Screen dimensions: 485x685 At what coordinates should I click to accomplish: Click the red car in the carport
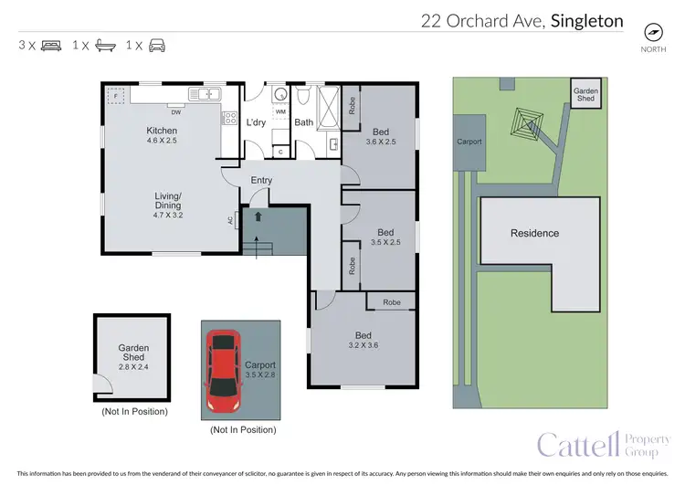click(222, 370)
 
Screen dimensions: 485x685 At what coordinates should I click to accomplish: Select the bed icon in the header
click(51, 45)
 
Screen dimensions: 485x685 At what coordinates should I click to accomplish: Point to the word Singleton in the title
click(587, 20)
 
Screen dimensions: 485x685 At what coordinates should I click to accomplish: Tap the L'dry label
click(255, 122)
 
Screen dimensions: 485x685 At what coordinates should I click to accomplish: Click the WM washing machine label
click(280, 111)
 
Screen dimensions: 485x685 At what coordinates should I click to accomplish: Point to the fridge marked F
click(116, 95)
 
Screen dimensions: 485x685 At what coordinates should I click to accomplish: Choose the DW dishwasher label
click(174, 113)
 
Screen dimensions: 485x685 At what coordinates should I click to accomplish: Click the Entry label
click(262, 180)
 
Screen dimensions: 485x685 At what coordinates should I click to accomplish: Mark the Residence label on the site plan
click(534, 233)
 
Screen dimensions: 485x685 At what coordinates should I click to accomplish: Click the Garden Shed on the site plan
click(585, 93)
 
